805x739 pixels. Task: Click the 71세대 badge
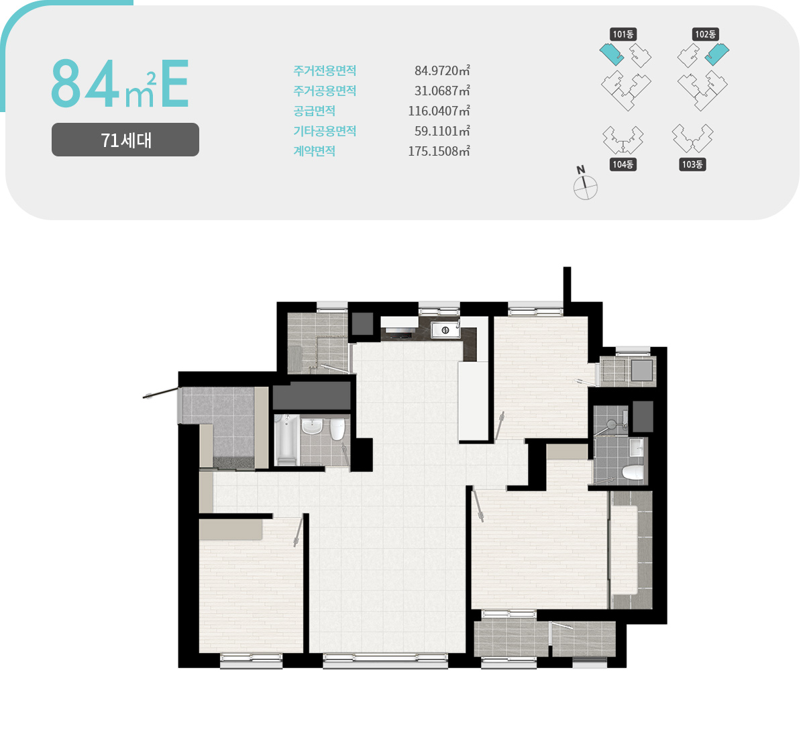pos(125,140)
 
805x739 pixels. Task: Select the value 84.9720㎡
pos(442,70)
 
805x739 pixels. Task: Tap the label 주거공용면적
pos(325,91)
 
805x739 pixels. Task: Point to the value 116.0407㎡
pos(439,111)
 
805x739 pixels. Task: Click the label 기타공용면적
pos(325,131)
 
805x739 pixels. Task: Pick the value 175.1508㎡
pos(439,151)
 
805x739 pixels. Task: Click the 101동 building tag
pos(623,34)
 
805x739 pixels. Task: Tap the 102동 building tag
pos(705,34)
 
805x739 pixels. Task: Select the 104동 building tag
pos(623,164)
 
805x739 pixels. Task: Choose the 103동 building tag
pos(692,164)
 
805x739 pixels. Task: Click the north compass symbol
pos(585,184)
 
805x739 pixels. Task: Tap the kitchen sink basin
pos(445,330)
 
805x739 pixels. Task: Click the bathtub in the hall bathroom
pos(286,440)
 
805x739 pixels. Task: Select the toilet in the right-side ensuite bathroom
pos(633,473)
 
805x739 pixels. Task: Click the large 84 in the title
pos(85,83)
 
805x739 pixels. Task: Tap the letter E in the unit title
pos(174,83)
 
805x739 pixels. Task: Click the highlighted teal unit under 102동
pos(717,54)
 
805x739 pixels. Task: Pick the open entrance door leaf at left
pos(160,393)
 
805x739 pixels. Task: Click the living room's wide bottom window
pos(385,660)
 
